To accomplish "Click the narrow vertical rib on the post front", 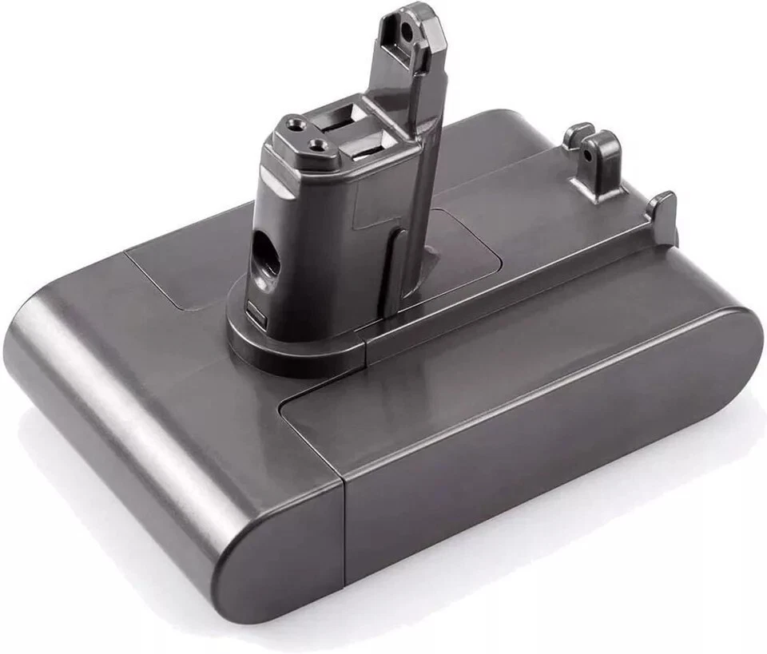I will (391, 264).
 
